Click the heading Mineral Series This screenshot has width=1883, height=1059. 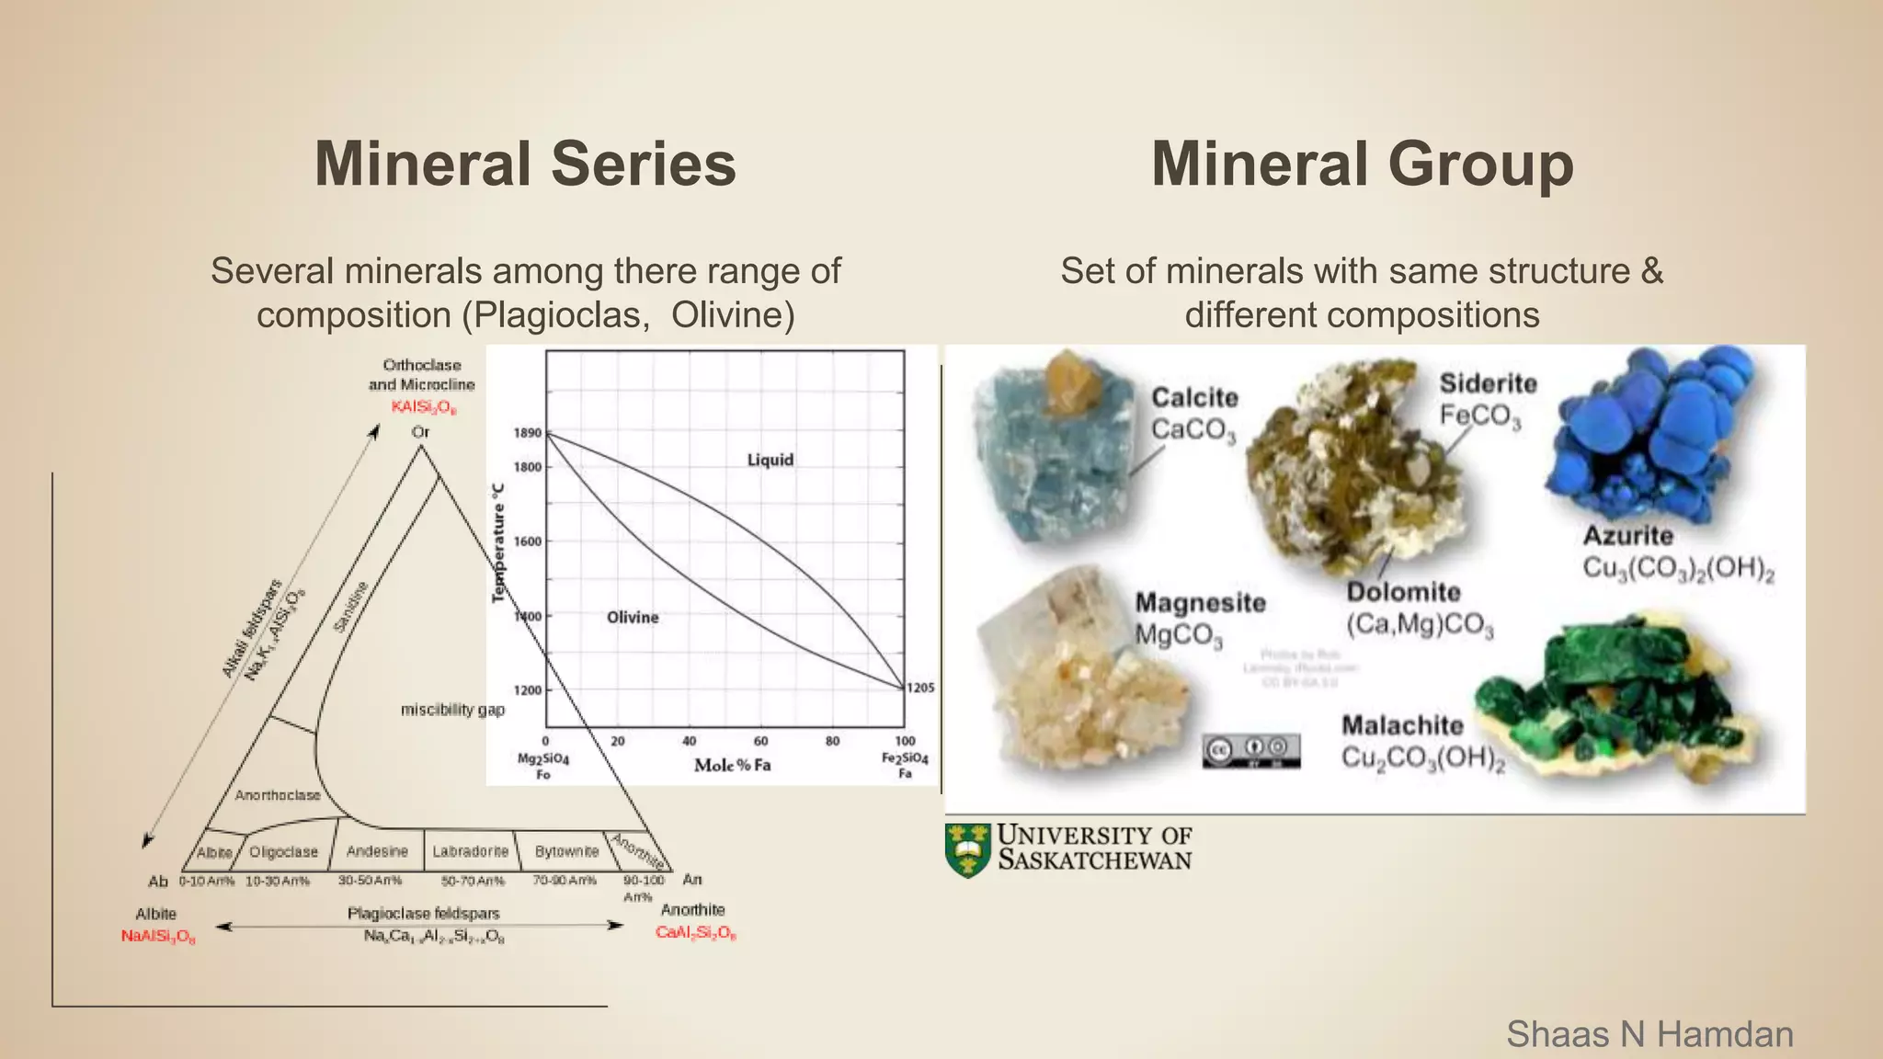click(525, 165)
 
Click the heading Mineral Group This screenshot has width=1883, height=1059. click(1362, 165)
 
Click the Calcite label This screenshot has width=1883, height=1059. click(1194, 398)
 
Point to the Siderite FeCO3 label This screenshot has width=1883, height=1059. click(1486, 400)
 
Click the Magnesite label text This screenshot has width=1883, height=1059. click(1200, 603)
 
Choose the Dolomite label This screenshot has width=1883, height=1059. click(1403, 592)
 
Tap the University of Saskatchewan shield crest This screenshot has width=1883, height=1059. click(967, 849)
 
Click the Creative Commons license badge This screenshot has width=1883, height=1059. click(1251, 750)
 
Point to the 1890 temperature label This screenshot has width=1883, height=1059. click(527, 433)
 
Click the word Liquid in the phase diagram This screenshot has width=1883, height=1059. click(770, 460)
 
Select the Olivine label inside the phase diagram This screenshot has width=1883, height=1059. click(633, 618)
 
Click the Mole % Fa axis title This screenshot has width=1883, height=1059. click(732, 765)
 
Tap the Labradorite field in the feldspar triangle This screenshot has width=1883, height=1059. click(470, 851)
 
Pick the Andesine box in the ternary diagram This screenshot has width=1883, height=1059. click(377, 851)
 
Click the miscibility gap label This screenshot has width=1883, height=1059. click(452, 710)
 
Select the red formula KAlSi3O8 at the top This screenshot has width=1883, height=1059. click(422, 407)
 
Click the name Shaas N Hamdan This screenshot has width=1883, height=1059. click(1649, 1034)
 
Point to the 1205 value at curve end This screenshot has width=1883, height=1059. click(920, 688)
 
